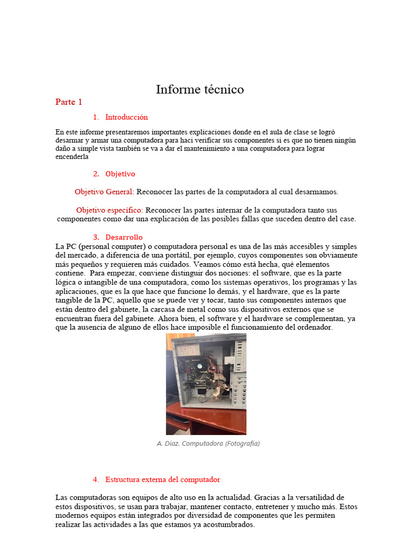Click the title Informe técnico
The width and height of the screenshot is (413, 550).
point(200,90)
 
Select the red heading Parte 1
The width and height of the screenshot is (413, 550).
point(68,102)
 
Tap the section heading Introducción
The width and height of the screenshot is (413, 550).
point(126,117)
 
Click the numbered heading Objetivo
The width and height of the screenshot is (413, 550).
point(120,174)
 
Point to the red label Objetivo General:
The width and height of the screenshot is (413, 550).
point(104,192)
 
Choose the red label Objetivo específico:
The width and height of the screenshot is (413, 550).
point(110,210)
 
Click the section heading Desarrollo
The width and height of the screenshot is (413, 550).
point(124,237)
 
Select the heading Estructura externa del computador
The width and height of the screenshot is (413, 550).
point(162,479)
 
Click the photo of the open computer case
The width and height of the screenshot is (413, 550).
point(206,383)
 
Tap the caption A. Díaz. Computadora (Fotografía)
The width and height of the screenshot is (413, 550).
point(208,444)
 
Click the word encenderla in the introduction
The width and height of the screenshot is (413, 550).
point(72,157)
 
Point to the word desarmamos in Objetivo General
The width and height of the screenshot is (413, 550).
point(318,192)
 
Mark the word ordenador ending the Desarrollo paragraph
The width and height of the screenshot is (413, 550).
point(315,328)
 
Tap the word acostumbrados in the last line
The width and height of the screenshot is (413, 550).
point(229,525)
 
